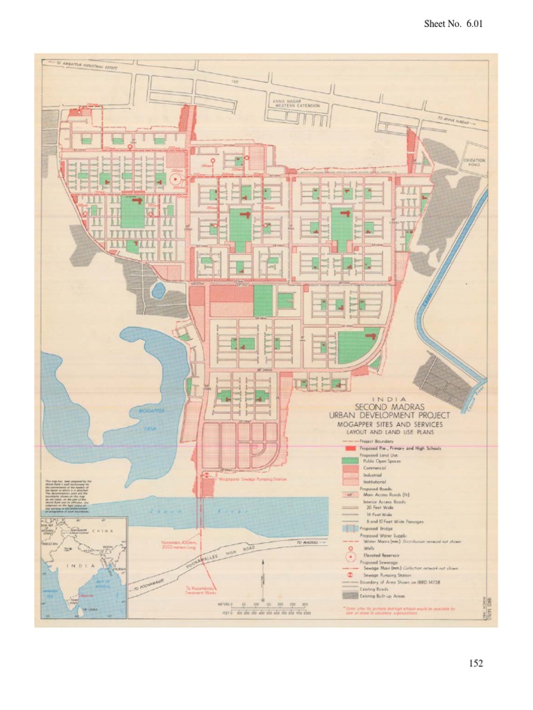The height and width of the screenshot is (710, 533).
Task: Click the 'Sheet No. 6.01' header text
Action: tap(452, 24)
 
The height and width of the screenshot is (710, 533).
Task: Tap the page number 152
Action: tap(475, 664)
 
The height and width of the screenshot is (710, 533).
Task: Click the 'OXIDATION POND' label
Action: tap(475, 163)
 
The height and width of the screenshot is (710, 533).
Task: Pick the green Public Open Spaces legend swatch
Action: tap(350, 461)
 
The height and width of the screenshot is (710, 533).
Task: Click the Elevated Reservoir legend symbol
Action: tap(350, 556)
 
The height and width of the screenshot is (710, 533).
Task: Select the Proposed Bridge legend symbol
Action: tap(350, 528)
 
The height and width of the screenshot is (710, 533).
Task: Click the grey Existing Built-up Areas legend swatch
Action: tap(350, 596)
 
